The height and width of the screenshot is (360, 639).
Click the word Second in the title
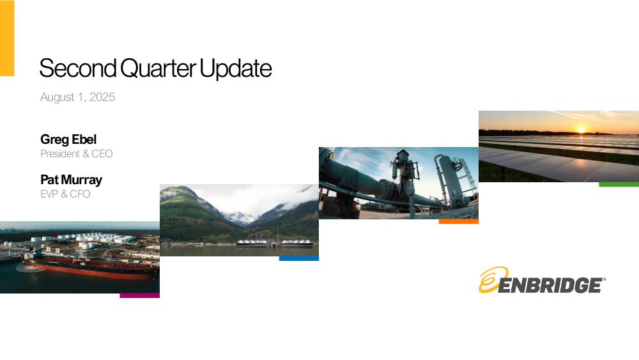pyautogui.click(x=78, y=68)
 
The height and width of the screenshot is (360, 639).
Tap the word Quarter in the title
pyautogui.click(x=158, y=68)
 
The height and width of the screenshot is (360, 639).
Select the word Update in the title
pyautogui.click(x=236, y=68)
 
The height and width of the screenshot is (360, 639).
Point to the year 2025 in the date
pyautogui.click(x=102, y=97)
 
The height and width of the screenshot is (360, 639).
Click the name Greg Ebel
pyautogui.click(x=68, y=139)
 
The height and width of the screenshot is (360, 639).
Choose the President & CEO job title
pyautogui.click(x=76, y=153)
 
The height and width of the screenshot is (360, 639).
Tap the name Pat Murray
pyautogui.click(x=72, y=180)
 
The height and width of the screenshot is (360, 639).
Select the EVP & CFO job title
pyautogui.click(x=65, y=194)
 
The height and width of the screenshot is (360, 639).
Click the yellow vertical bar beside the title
pyautogui.click(x=7, y=38)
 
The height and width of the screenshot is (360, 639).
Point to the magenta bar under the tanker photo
pyautogui.click(x=140, y=295)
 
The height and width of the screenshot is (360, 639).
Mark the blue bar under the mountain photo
pyautogui.click(x=299, y=258)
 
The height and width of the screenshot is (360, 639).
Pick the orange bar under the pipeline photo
pyautogui.click(x=459, y=221)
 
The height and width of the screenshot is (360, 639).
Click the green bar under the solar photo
pyautogui.click(x=619, y=184)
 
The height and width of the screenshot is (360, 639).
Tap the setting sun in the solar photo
pyautogui.click(x=581, y=130)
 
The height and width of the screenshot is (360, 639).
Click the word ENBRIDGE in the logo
pyautogui.click(x=550, y=285)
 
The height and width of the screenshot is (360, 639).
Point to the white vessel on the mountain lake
pyautogui.click(x=275, y=243)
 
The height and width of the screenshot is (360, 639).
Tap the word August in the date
pyautogui.click(x=58, y=97)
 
